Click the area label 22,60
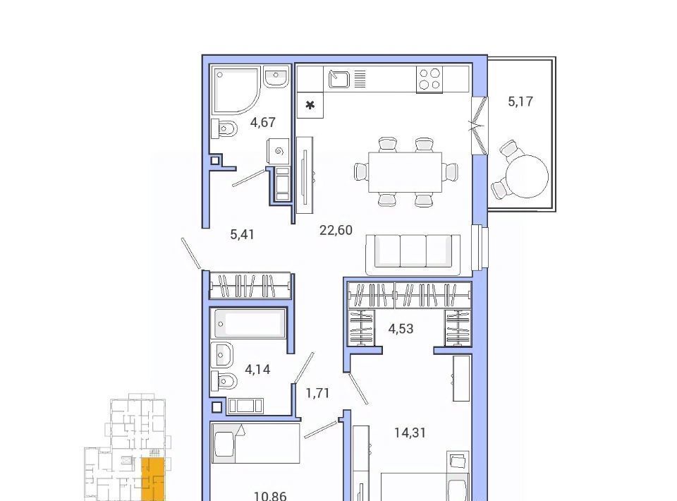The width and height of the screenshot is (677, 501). (x=336, y=230)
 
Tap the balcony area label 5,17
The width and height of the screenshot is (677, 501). (x=520, y=102)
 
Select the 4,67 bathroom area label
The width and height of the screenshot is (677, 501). (x=262, y=123)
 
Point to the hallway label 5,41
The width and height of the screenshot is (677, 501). (x=242, y=234)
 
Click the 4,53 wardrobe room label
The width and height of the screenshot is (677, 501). (x=401, y=329)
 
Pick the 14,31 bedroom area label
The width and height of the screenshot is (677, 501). (x=410, y=433)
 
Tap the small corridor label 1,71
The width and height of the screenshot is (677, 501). (x=317, y=393)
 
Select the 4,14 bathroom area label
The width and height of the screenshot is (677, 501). (x=257, y=369)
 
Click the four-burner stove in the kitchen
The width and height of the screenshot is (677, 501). (x=429, y=79)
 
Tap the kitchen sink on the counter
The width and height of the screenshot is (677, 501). (x=339, y=78)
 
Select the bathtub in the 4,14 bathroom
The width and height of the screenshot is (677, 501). (x=250, y=323)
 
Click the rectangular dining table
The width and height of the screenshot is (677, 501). (x=405, y=172)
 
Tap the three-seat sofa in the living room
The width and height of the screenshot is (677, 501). (x=413, y=255)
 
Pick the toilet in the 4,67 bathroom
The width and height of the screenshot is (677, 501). (x=224, y=128)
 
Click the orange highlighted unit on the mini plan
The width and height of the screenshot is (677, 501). (x=153, y=479)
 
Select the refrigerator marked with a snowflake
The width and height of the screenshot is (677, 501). (x=310, y=105)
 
